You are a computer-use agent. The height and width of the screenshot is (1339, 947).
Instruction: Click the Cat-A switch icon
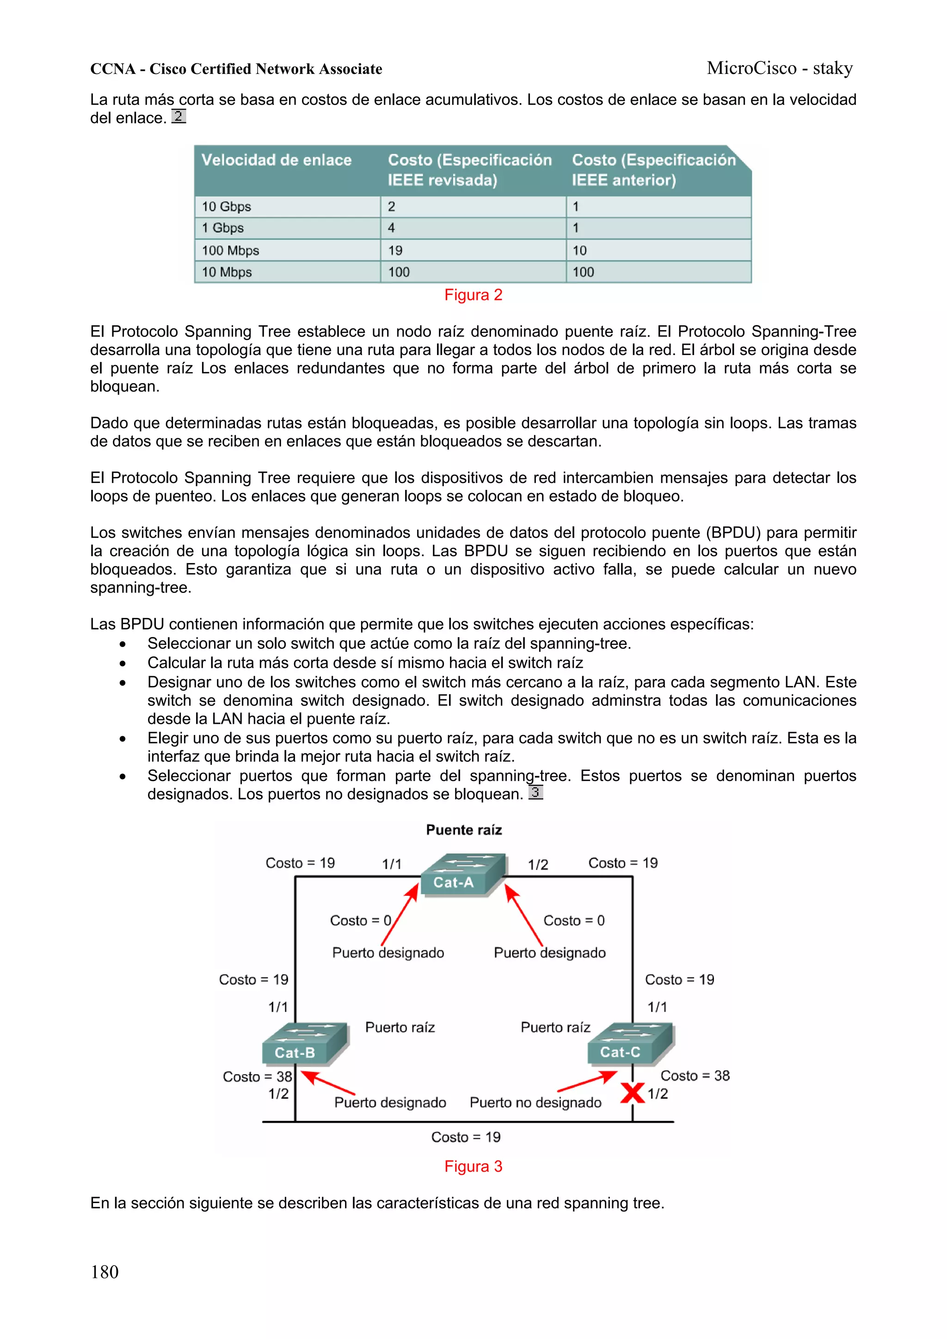[462, 874]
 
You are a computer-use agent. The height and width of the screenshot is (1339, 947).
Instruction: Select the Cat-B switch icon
[305, 1044]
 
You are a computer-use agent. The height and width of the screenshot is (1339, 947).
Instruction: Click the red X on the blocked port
[632, 1093]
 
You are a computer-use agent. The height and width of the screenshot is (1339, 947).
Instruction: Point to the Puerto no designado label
[535, 1102]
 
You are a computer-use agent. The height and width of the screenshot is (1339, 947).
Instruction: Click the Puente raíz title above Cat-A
[464, 830]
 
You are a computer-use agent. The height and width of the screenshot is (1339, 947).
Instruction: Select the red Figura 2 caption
[473, 295]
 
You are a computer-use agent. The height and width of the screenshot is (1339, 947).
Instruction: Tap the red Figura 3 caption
[473, 1167]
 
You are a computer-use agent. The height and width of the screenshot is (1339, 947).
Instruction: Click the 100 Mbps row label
[230, 251]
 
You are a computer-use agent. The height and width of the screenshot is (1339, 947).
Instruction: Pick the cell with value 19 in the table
[396, 251]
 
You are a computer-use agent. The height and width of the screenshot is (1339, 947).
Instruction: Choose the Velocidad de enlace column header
[277, 160]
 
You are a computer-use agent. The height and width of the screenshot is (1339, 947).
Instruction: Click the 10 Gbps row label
[227, 207]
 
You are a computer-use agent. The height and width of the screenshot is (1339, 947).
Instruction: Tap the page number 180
[105, 1272]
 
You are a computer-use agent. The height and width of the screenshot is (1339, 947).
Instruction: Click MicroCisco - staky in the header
[780, 68]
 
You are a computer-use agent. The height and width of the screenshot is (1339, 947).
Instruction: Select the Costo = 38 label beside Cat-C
[695, 1076]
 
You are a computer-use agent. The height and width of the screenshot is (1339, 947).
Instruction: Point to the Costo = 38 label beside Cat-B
[257, 1076]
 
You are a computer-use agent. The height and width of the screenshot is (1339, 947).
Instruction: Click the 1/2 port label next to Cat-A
[538, 864]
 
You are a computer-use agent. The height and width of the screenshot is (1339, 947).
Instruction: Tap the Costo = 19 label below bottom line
[466, 1137]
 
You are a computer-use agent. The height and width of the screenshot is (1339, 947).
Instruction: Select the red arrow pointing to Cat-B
[328, 1083]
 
